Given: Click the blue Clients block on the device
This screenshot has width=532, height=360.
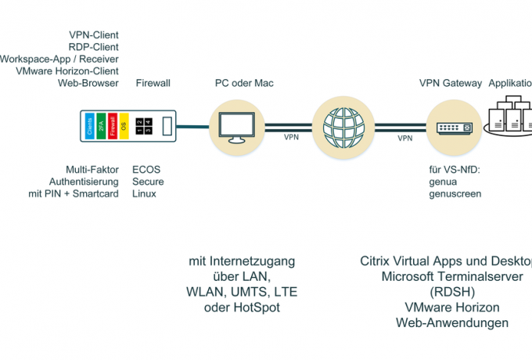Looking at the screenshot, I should tap(90, 126).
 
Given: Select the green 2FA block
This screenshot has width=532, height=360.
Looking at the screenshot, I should tap(101, 126).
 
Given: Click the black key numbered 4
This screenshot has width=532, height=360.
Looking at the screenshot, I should tap(147, 131).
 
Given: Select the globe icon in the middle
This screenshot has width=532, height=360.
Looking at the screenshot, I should tap(338, 126).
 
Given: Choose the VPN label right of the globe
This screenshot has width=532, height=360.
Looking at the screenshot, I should tap(405, 138).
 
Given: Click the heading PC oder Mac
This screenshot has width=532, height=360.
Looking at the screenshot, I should tap(244, 83).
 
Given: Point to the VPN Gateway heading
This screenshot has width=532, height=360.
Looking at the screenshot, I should tap(450, 83).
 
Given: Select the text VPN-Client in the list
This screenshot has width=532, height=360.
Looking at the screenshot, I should tap(93, 35).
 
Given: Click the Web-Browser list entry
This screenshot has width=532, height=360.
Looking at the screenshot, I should tap(88, 83).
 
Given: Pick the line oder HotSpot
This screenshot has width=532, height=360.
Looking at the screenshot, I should tap(242, 308).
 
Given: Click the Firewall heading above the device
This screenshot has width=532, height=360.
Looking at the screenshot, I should tap(153, 83).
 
